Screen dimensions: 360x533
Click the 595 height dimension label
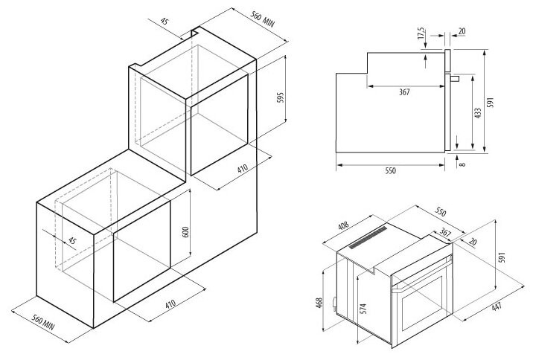point(281,101)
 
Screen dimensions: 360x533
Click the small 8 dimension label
point(463,164)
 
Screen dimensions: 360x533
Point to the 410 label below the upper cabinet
point(243,169)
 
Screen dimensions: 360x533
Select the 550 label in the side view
point(390,170)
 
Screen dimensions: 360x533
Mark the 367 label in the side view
point(403,92)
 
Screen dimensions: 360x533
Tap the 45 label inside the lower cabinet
point(72,240)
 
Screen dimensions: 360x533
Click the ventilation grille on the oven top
point(369,237)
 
